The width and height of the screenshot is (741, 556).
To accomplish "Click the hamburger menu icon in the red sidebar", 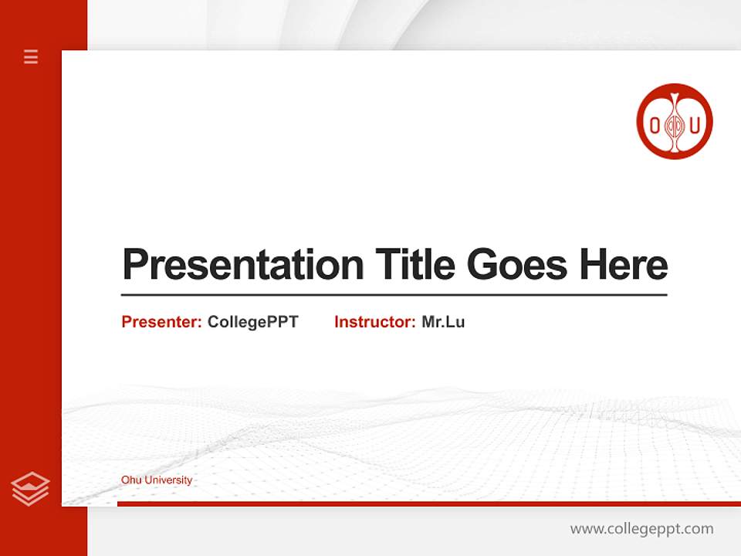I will pos(31,56).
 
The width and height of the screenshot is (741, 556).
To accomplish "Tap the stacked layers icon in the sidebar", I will pos(30,489).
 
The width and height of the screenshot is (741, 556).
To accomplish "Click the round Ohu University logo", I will pos(674,121).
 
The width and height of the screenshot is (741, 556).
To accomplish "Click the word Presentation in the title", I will pos(242,265).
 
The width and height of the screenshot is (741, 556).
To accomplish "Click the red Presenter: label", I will pos(161,322).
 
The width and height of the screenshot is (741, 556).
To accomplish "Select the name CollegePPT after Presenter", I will pos(252,322).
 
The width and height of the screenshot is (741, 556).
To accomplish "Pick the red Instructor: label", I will pos(374,322).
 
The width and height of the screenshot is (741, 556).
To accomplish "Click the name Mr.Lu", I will pos(443,322).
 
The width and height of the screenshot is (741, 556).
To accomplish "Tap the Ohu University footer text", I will pos(157,480).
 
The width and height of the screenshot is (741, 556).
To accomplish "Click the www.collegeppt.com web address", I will pos(641,529).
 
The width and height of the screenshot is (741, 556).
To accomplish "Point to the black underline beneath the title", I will pos(394,294).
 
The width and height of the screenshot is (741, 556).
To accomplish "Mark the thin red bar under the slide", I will pos(428,503).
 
